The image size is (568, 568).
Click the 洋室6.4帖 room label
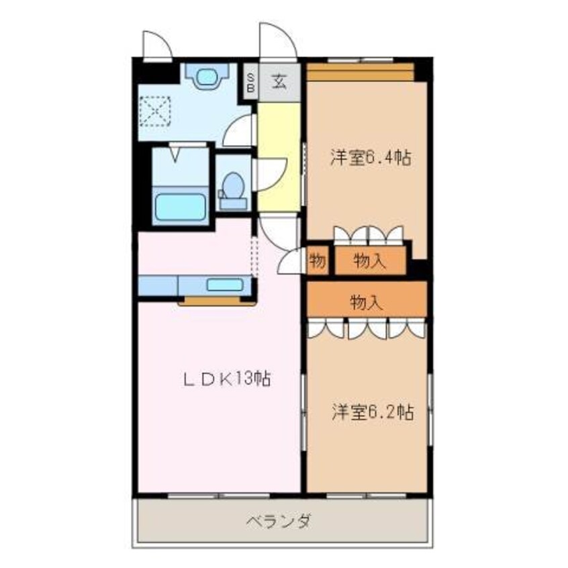(x=370, y=158)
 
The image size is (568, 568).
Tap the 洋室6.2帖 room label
(x=371, y=412)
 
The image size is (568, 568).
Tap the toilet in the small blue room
(x=233, y=186)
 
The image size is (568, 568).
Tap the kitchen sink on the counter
(x=224, y=285)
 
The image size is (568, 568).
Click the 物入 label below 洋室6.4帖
(x=369, y=261)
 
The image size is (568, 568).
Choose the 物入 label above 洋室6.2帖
(x=367, y=303)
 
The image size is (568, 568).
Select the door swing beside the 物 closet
(x=291, y=262)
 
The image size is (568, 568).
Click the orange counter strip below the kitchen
(x=216, y=301)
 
